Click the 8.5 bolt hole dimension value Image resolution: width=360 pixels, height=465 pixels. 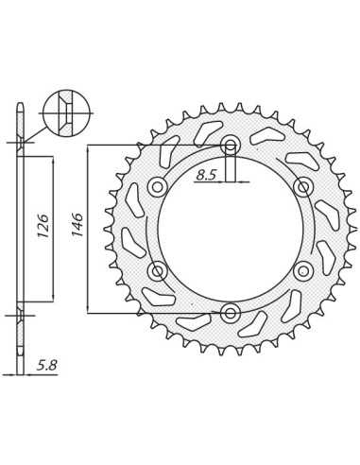(x=206, y=174)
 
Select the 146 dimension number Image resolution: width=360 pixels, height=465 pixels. (x=77, y=225)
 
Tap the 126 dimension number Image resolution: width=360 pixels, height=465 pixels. (x=43, y=226)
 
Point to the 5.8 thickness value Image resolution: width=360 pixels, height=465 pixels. (x=46, y=366)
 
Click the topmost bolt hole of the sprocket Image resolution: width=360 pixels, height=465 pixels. (x=231, y=146)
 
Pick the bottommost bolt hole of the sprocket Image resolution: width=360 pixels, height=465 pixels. (x=231, y=313)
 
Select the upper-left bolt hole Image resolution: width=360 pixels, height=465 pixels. (x=158, y=187)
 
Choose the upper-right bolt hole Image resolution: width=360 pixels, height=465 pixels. (x=303, y=187)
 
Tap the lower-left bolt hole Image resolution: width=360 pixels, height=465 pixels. (x=158, y=270)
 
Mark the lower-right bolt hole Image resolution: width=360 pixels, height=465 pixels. (x=303, y=270)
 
